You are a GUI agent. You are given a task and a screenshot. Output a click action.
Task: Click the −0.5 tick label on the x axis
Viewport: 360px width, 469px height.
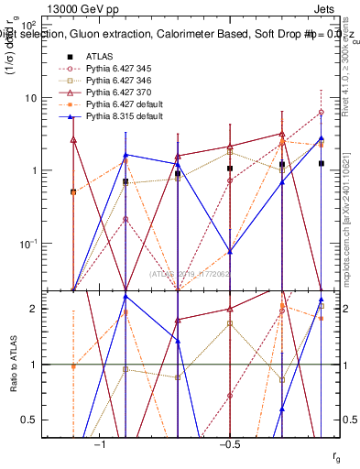(229, 444)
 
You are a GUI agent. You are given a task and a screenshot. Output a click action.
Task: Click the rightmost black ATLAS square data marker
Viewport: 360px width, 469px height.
(322, 163)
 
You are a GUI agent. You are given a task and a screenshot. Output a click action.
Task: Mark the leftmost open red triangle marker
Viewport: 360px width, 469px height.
(73, 139)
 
